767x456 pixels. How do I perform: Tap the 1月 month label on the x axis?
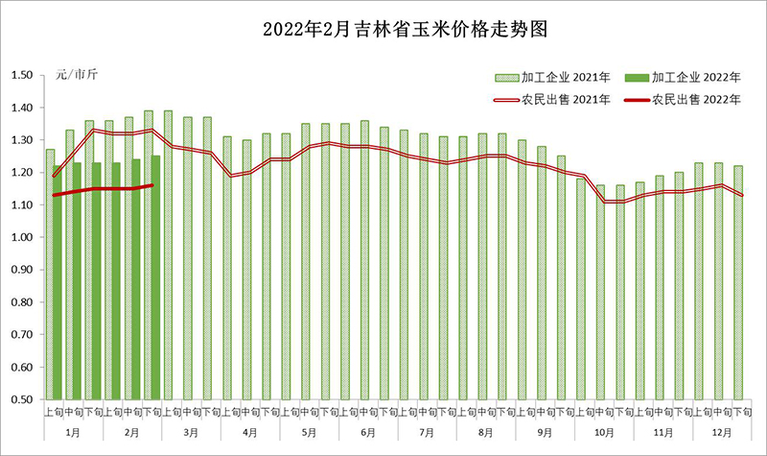(72, 433)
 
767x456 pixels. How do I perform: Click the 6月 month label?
(369, 433)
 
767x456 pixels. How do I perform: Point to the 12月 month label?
(724, 433)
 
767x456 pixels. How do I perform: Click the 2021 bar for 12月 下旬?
(738, 288)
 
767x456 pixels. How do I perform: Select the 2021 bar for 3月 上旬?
(168, 259)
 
